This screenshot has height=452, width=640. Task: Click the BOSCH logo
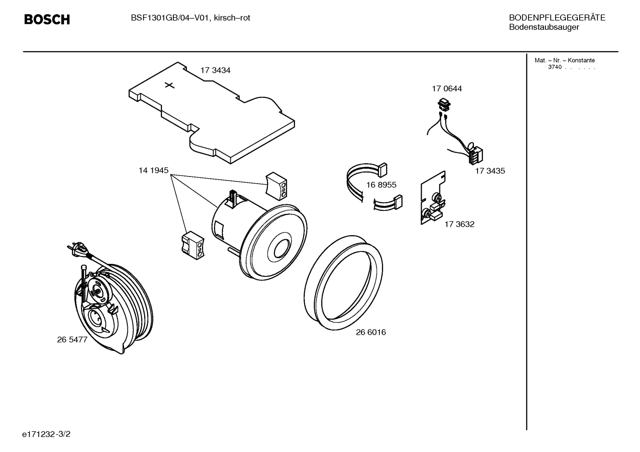[47, 20]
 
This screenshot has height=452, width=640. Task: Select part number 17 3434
[215, 70]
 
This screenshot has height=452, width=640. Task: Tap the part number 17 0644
[447, 89]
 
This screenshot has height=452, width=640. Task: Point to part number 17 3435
[490, 171]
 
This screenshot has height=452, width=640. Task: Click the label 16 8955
[381, 185]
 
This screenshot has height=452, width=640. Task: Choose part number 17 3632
[459, 224]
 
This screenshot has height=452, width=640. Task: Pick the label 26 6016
[371, 332]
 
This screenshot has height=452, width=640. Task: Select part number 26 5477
[72, 339]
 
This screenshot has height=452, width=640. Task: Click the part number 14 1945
[154, 170]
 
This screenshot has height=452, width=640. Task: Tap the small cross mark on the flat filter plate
[170, 85]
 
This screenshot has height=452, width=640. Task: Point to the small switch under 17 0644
[444, 105]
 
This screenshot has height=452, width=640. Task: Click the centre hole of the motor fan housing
[282, 248]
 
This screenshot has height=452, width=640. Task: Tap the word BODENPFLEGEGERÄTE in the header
[557, 18]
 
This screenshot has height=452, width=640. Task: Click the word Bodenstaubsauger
[544, 27]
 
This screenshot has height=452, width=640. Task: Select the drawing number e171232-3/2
[46, 434]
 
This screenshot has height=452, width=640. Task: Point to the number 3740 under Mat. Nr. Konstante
[555, 67]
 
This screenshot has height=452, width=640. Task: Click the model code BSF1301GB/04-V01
[171, 18]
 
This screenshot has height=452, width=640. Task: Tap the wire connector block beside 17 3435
[476, 156]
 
